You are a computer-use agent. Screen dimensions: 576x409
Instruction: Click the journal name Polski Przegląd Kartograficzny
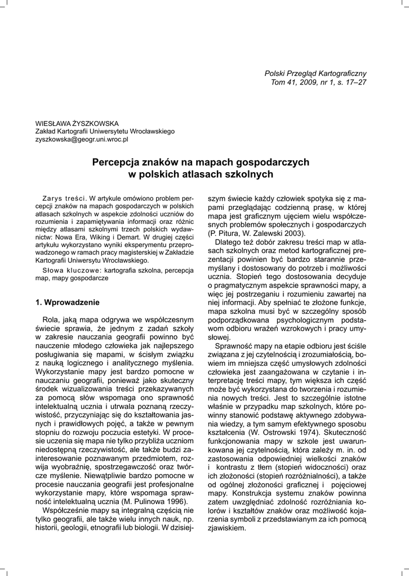(315, 74)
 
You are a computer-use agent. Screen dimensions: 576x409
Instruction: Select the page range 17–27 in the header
(352, 83)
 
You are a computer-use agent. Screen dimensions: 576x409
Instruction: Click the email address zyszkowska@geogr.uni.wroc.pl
(82, 138)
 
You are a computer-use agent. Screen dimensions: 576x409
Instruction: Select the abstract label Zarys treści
(64, 199)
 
